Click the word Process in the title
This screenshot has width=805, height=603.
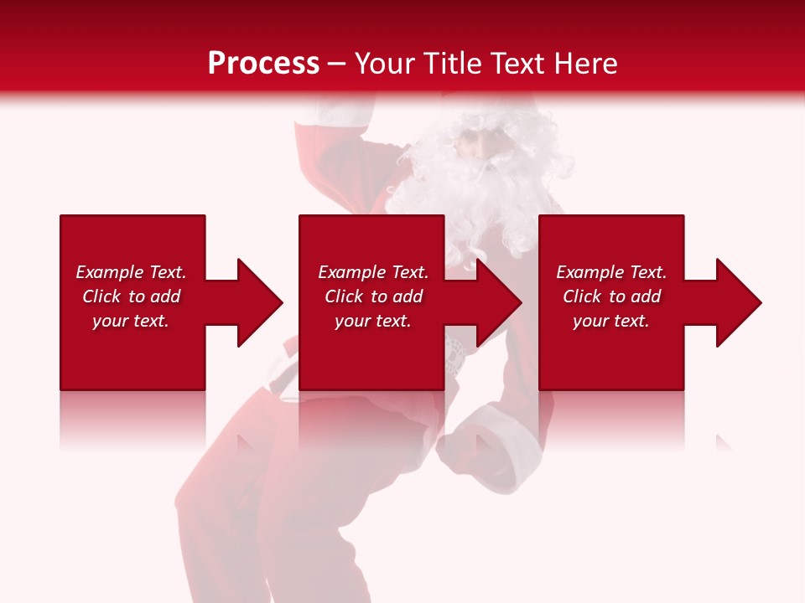[x=263, y=63]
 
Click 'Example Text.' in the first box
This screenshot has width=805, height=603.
[x=131, y=272]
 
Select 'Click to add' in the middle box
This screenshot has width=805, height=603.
[x=373, y=296]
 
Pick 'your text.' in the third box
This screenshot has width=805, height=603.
[x=611, y=321]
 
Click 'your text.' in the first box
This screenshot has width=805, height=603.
[x=131, y=321]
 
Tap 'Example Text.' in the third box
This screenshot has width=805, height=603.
[x=611, y=272]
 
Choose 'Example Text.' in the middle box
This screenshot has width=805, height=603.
[x=373, y=272]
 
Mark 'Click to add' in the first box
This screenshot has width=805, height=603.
[x=131, y=296]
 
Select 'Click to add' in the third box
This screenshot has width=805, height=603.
[x=611, y=296]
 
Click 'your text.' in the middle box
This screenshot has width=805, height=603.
[x=373, y=321]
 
